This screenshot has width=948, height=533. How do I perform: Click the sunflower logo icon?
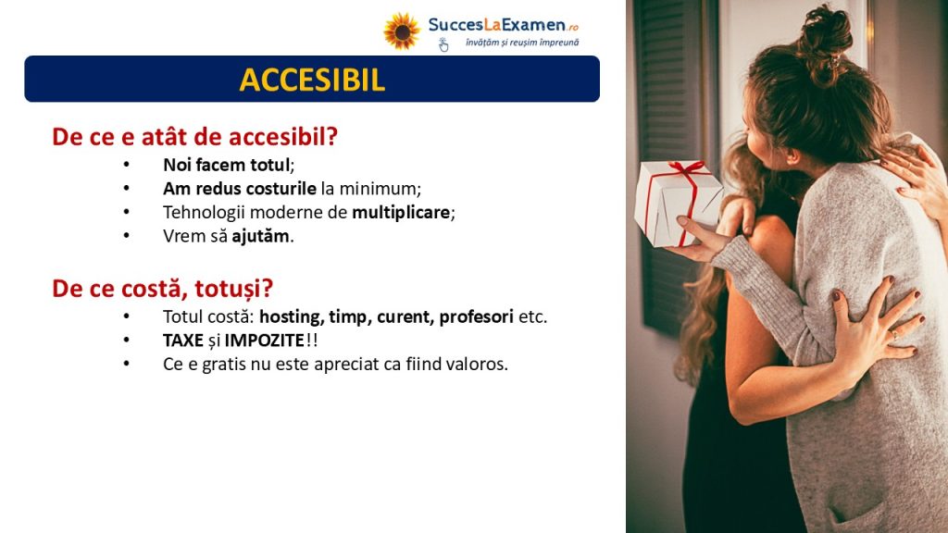pyautogui.click(x=402, y=31)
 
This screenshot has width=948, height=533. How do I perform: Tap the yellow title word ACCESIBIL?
pyautogui.click(x=312, y=80)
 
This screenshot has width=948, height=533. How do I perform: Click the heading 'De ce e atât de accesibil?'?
pyautogui.click(x=194, y=137)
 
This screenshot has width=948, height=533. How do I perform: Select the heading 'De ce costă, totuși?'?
pyautogui.click(x=163, y=289)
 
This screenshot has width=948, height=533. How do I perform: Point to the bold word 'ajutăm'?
pyautogui.click(x=260, y=236)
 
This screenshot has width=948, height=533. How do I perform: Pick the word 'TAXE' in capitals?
pyautogui.click(x=183, y=341)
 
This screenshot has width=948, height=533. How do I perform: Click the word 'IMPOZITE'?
pyautogui.click(x=264, y=341)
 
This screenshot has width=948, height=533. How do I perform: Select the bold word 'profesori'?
pyautogui.click(x=477, y=316)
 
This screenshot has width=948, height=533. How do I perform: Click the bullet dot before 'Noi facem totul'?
pyautogui.click(x=126, y=165)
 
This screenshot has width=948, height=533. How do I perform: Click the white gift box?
pyautogui.click(x=676, y=203)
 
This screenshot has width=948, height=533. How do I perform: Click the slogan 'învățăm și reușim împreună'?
pyautogui.click(x=522, y=43)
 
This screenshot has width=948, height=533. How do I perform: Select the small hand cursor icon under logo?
pyautogui.click(x=443, y=44)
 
